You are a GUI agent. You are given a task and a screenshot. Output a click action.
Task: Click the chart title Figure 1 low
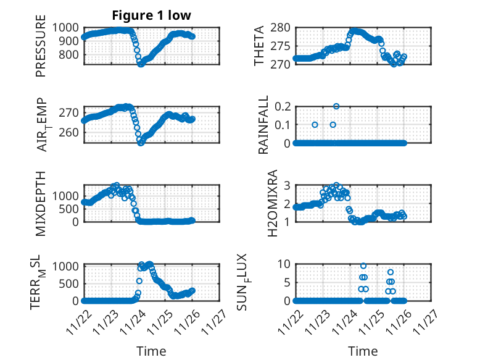[x=151, y=15]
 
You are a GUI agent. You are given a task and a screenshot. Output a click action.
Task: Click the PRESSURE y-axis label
[x=41, y=50]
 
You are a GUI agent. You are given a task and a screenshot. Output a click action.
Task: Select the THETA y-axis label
[x=259, y=46]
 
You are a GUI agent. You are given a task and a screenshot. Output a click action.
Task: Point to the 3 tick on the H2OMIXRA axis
[x=286, y=185]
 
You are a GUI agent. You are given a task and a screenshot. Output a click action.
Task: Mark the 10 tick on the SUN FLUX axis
[x=284, y=264]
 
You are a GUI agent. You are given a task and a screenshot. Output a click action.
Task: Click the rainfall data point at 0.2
[x=336, y=106]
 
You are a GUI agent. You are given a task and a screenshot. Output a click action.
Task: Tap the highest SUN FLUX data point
[x=363, y=266]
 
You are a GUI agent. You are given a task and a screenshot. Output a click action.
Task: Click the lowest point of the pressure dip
[x=141, y=64]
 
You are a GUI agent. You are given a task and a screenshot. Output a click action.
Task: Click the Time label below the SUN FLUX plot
[x=363, y=351]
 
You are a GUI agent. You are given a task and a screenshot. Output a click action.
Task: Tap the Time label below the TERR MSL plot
[x=151, y=351]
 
